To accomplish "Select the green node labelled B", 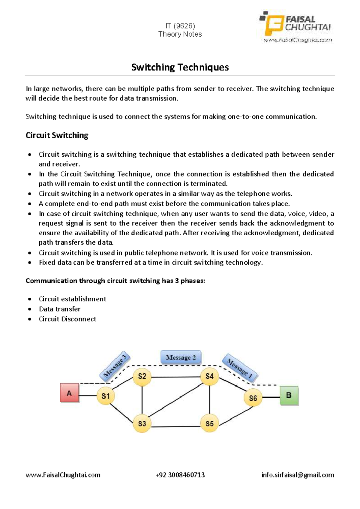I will pyautogui.click(x=289, y=395).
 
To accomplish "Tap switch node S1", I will pyautogui.click(x=106, y=396).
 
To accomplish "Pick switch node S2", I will pyautogui.click(x=142, y=376).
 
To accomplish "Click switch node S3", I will pyautogui.click(x=142, y=423).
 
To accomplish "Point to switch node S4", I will pyautogui.click(x=209, y=376).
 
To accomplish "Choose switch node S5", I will pyautogui.click(x=209, y=423).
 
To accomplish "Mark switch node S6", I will pyautogui.click(x=253, y=398).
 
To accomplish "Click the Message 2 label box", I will pyautogui.click(x=181, y=357).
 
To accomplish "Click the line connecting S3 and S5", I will pyautogui.click(x=175, y=426).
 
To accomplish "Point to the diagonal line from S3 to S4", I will pyautogui.click(x=175, y=400).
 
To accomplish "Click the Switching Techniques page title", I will pyautogui.click(x=180, y=67).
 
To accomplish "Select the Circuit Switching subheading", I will pyautogui.click(x=57, y=135).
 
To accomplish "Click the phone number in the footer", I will pyautogui.click(x=180, y=475).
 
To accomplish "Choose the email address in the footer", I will pyautogui.click(x=298, y=475).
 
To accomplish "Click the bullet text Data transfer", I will pyautogui.click(x=60, y=309).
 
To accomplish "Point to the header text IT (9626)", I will pyautogui.click(x=180, y=26).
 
